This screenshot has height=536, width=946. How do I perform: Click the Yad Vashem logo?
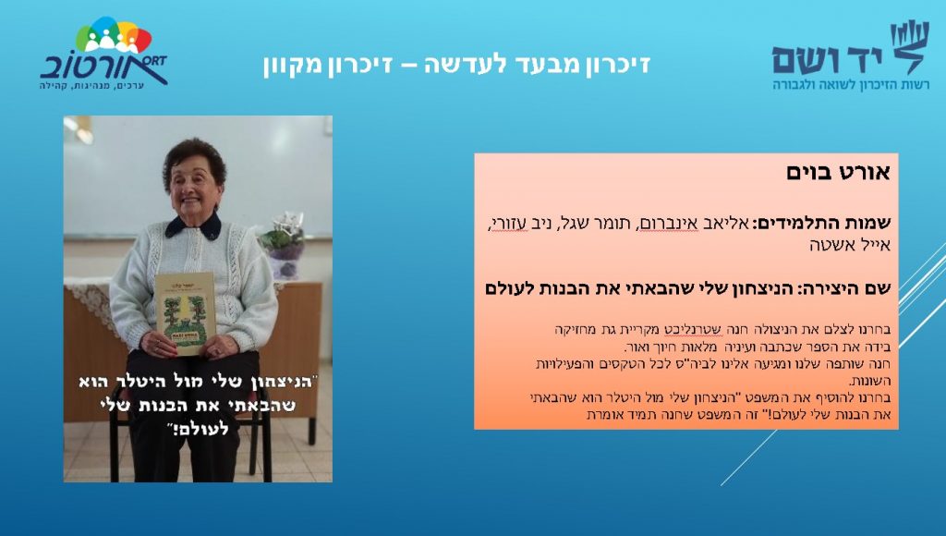[x=851, y=55]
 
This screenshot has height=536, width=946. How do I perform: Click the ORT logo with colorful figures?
[x=103, y=53]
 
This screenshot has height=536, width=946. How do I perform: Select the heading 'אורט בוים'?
[x=838, y=173]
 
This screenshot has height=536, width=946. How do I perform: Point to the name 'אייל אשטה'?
[x=850, y=245]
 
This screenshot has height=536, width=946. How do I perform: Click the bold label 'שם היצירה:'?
[x=844, y=288]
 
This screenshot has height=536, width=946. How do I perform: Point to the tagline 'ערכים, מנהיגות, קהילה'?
[x=91, y=86]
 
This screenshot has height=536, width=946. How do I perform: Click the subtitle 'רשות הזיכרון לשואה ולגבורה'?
[x=851, y=85]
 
